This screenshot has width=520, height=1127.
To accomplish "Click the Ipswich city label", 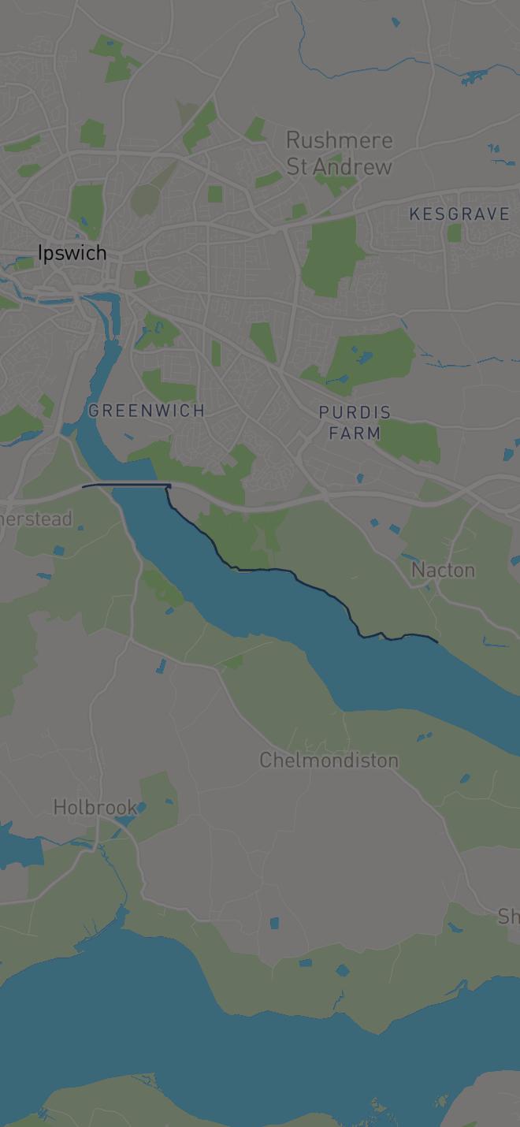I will pyautogui.click(x=72, y=253).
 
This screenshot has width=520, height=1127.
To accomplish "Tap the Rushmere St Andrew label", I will pyautogui.click(x=339, y=153).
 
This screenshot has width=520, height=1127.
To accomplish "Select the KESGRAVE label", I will pyautogui.click(x=459, y=214).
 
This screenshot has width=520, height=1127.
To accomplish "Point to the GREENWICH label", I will pyautogui.click(x=147, y=410).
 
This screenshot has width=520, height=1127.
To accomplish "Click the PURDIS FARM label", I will pyautogui.click(x=355, y=422).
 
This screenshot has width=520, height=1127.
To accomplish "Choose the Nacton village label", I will pyautogui.click(x=443, y=570).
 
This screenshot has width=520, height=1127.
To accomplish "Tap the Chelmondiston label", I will pyautogui.click(x=329, y=760).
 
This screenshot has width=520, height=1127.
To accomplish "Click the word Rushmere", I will pyautogui.click(x=339, y=140).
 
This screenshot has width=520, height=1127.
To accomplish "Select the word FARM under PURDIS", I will pyautogui.click(x=355, y=433).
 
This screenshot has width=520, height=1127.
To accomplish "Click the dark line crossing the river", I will pyautogui.click(x=126, y=485).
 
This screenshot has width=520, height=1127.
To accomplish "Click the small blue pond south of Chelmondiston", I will pyautogui.click(x=273, y=923).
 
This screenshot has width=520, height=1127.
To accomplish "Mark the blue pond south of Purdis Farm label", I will pyautogui.click(x=360, y=478).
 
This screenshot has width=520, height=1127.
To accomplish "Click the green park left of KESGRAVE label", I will pyautogui.click(x=454, y=232).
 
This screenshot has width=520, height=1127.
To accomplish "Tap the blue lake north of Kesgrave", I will pyautogui.click(x=474, y=77).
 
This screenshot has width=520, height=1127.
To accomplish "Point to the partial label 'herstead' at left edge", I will pyautogui.click(x=36, y=519).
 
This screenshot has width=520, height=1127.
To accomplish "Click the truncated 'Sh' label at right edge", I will pyautogui.click(x=509, y=916).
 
